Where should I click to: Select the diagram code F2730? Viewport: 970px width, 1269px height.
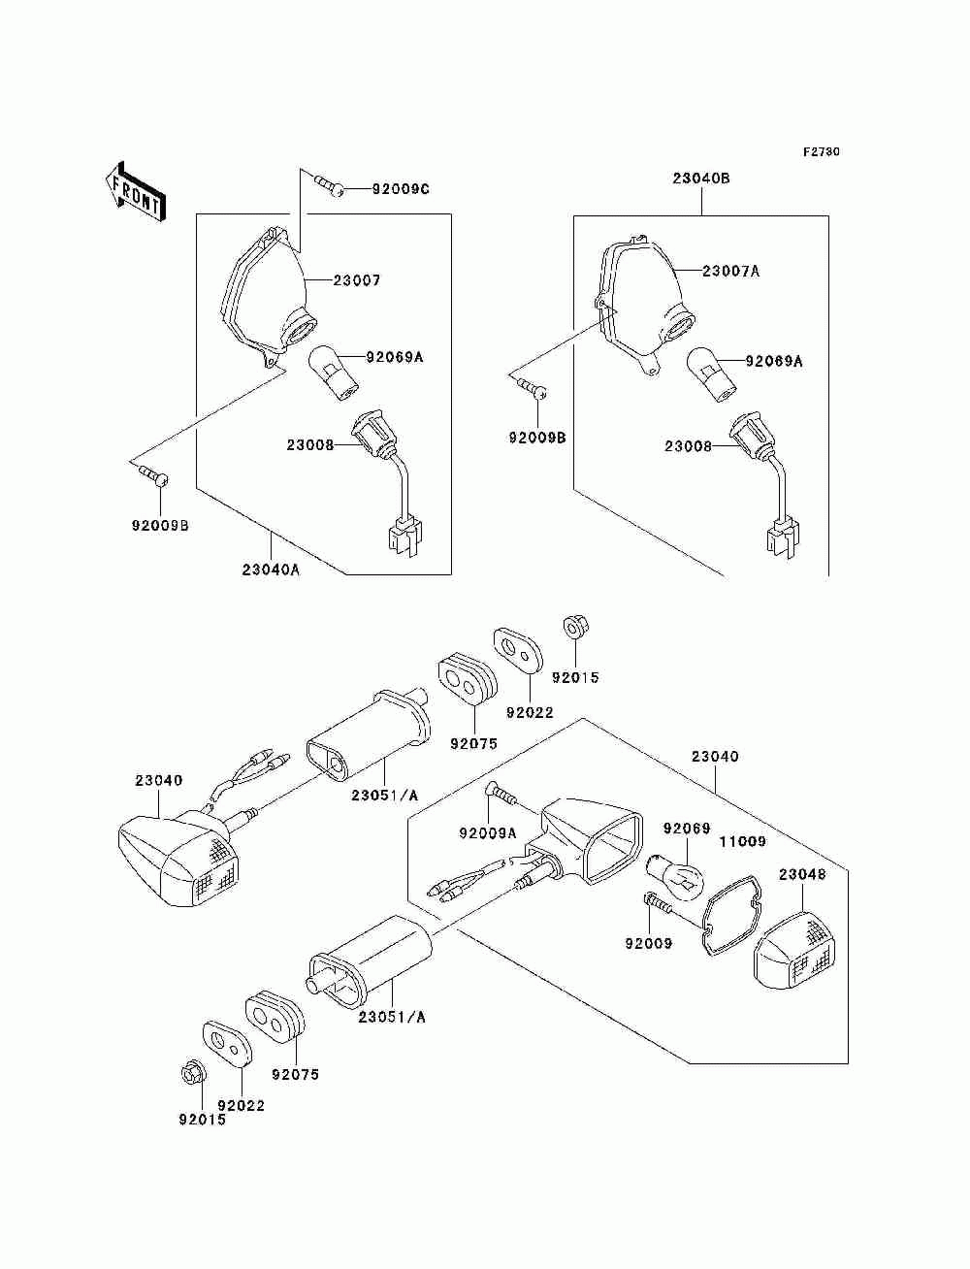pos(821,152)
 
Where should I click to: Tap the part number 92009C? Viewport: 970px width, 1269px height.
pos(401,189)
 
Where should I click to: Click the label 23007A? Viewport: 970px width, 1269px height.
pos(730,271)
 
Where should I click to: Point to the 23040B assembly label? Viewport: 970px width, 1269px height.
pos(701,179)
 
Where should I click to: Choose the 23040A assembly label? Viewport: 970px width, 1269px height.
pos(271,570)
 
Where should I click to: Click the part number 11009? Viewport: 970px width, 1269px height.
pos(743,842)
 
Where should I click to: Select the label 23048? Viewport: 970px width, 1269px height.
pos(802,874)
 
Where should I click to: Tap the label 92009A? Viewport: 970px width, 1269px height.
pos(488,833)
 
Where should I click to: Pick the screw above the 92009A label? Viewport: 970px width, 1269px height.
pos(501,794)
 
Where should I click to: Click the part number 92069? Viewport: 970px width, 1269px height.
pos(687,829)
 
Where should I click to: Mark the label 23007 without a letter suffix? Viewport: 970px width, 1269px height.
pos(357,280)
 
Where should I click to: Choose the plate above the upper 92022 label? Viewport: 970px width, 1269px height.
pos(518,650)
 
